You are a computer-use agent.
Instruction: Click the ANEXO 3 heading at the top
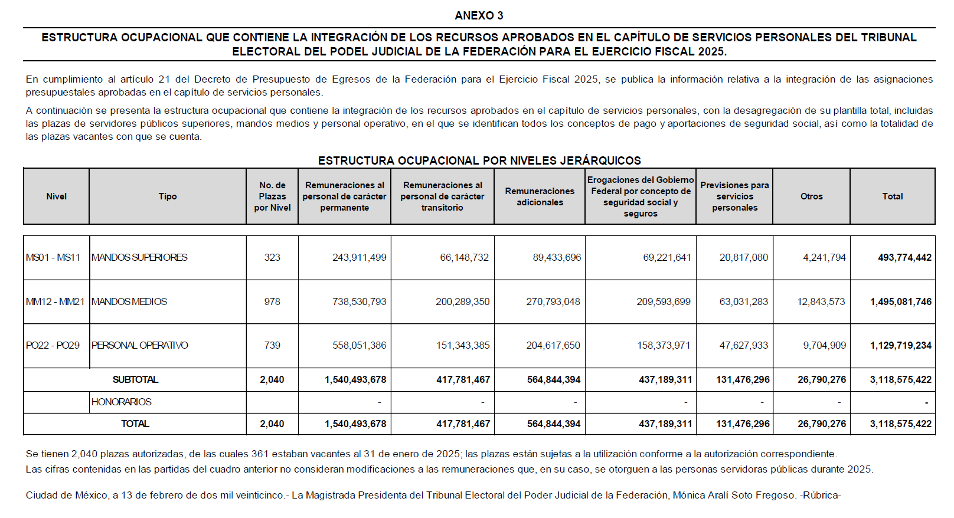479,15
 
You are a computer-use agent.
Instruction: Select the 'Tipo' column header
168,196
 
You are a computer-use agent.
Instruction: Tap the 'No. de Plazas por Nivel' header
272,196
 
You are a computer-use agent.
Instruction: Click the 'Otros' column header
811,196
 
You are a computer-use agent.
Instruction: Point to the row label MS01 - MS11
53,257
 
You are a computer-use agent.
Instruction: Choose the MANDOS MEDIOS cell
129,301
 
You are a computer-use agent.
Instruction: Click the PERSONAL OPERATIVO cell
140,345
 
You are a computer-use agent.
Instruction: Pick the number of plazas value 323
272,257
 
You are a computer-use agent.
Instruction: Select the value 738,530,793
359,301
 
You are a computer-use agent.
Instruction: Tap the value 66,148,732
464,257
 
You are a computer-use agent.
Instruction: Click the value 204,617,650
553,345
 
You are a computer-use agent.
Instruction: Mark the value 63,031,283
743,301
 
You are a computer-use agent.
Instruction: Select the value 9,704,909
824,345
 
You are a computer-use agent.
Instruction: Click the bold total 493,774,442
904,257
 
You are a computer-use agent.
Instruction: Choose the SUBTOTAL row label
135,379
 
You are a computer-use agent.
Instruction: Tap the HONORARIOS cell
122,402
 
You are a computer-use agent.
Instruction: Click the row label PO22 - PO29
53,345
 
